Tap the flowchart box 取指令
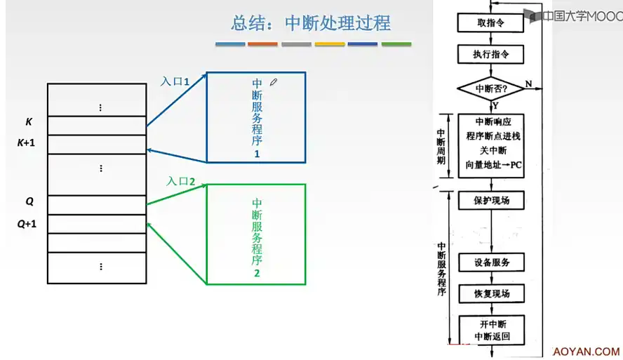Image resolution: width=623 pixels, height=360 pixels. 490,23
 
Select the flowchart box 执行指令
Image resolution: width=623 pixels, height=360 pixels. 490,55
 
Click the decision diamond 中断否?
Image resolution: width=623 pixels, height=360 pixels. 491,89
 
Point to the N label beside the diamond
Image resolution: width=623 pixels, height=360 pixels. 528,84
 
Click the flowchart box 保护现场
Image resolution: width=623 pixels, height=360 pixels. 490,201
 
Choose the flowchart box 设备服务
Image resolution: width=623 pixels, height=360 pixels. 490,263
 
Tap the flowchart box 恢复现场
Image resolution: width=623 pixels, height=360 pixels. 490,294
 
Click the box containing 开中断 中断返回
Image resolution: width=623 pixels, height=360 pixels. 490,330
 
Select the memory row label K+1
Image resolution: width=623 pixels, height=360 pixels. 27,143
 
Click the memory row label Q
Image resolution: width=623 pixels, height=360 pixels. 29,201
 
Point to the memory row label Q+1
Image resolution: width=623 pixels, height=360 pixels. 27,225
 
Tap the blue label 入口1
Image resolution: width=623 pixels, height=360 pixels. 175,81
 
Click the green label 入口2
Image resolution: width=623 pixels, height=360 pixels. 180,182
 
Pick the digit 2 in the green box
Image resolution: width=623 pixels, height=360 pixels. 257,273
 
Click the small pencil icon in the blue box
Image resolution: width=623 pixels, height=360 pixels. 274,82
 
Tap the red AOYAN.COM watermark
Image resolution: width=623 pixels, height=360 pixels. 587,352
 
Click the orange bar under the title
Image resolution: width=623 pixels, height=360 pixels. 262,44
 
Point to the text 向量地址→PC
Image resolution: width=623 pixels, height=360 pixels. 494,166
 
